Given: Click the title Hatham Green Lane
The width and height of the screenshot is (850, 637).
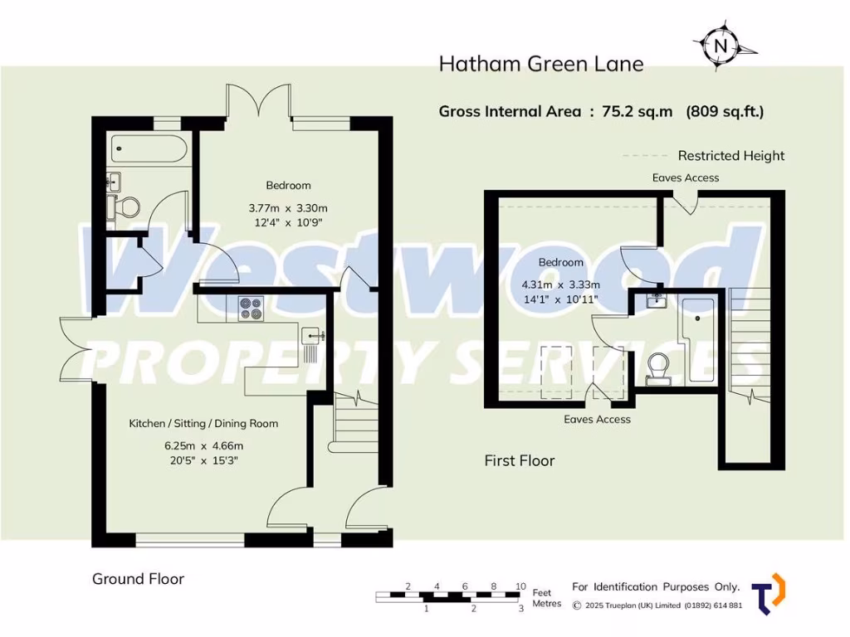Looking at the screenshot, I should coord(540,64).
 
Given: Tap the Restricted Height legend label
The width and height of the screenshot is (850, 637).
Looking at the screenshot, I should coord(730,155).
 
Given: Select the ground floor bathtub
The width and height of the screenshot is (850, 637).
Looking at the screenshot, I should coord(146,149).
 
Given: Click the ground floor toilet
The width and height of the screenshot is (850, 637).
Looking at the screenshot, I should coord(125,207).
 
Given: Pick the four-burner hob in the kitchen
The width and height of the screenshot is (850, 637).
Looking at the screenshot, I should coord(251,309).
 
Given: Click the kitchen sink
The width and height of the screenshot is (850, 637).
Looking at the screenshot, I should coord(314,336).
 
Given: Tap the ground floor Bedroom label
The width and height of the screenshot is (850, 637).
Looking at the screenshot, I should coord(288,185).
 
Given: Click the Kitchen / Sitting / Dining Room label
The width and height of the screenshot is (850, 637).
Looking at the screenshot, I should coord(203,423).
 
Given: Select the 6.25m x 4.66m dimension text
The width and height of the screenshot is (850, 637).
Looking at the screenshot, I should coord(203,445).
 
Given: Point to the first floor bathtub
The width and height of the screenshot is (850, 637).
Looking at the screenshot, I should coord(697,336).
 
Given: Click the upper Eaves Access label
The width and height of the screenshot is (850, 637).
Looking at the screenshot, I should coord(685,177).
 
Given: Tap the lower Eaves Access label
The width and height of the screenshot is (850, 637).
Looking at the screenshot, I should coord(597,419).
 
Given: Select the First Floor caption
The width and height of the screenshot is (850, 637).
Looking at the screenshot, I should coord(519,460).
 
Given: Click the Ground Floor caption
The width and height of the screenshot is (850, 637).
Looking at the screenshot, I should coord(138,579).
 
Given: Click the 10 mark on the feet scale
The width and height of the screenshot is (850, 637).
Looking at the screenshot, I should coord(520,586).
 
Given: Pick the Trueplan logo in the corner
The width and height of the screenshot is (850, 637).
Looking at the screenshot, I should coord(768,594).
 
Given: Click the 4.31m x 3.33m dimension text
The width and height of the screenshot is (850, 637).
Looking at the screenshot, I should coord(560,284).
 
